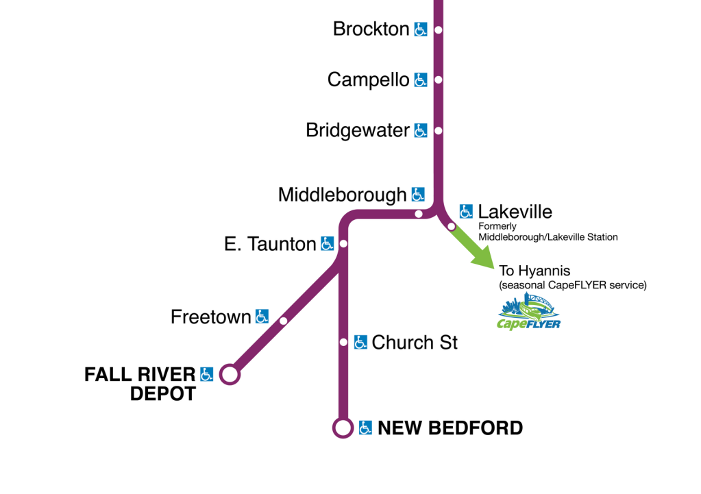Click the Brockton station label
click(371, 29)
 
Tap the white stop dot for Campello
click(439, 80)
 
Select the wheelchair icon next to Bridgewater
click(421, 130)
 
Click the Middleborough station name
click(342, 195)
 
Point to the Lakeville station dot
click(451, 226)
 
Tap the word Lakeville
click(515, 211)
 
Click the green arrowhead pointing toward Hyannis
click(486, 259)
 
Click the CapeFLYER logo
click(529, 312)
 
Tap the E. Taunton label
click(270, 243)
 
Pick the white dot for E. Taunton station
click(343, 243)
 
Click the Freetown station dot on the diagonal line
click(283, 321)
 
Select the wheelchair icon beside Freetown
click(262, 317)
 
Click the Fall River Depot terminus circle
click(230, 375)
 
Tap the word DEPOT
click(163, 395)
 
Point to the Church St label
click(415, 342)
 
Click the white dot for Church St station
click(343, 342)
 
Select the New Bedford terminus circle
click(342, 428)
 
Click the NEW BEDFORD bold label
click(450, 428)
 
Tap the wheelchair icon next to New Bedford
click(366, 428)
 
